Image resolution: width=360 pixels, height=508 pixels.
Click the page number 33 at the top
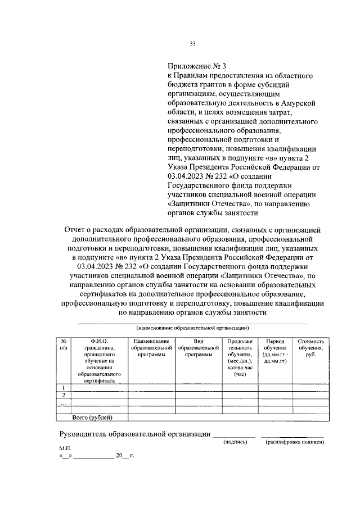click(x=192, y=43)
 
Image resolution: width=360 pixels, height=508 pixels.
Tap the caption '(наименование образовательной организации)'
click(x=192, y=328)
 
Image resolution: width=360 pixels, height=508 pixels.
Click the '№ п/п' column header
click(x=64, y=344)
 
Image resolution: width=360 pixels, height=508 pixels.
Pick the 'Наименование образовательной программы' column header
click(x=151, y=348)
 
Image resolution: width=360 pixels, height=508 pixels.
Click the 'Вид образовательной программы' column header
click(x=198, y=348)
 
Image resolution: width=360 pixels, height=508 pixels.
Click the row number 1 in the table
click(x=64, y=388)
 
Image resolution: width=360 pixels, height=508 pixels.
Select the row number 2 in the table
click(x=64, y=396)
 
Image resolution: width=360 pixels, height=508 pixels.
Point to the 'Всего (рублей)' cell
click(x=92, y=417)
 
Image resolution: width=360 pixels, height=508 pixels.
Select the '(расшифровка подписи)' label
click(x=295, y=443)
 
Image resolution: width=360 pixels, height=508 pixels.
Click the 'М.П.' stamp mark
click(x=66, y=450)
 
